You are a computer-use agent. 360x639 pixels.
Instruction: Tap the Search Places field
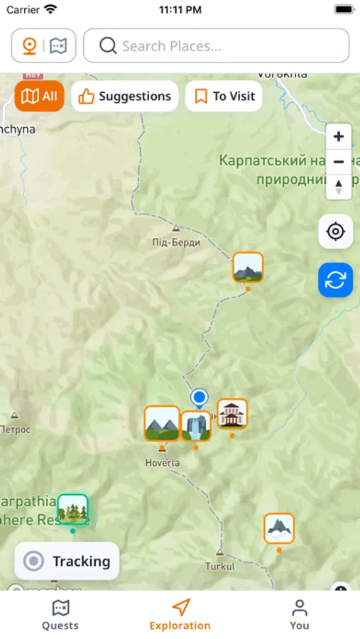click(x=216, y=46)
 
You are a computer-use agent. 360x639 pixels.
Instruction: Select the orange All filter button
click(x=40, y=97)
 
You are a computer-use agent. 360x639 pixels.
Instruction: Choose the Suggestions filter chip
click(x=125, y=97)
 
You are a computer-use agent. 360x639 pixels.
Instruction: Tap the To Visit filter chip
click(x=224, y=97)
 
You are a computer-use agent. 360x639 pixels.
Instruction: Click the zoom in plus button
click(x=339, y=136)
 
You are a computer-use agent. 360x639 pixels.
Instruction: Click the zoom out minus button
click(x=339, y=162)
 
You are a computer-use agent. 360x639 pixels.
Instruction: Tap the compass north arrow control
click(x=339, y=187)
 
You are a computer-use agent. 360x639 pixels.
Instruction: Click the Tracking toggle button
click(x=67, y=562)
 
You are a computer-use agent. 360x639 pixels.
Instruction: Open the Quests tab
click(x=60, y=615)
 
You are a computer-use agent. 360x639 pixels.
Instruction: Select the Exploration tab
click(x=180, y=615)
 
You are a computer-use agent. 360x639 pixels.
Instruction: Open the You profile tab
click(x=300, y=615)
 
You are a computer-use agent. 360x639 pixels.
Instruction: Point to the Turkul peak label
click(x=219, y=567)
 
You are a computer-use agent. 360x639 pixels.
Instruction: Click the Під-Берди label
click(x=176, y=242)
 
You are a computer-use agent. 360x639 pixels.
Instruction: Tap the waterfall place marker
click(x=195, y=426)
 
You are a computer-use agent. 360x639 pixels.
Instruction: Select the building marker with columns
click(x=232, y=414)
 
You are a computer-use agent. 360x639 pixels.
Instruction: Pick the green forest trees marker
click(x=72, y=509)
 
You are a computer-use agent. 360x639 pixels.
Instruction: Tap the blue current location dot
click(x=200, y=397)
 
